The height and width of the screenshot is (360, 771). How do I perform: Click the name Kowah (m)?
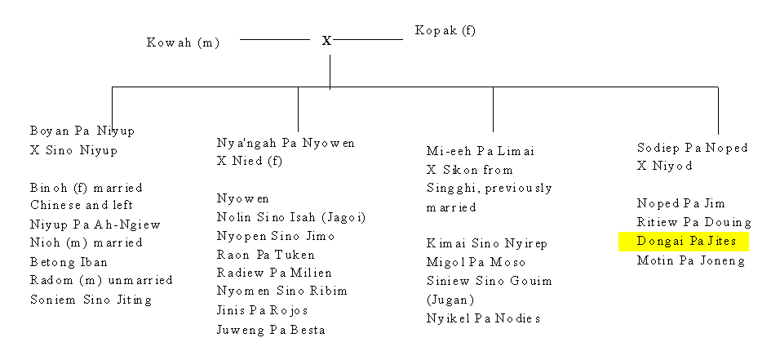[183, 42]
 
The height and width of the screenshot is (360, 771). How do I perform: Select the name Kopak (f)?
[445, 30]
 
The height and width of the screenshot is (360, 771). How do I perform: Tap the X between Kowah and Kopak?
[326, 41]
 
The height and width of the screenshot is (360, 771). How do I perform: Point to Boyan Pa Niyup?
[82, 131]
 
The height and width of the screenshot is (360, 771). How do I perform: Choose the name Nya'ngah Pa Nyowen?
[286, 143]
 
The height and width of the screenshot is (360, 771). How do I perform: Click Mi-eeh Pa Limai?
[480, 151]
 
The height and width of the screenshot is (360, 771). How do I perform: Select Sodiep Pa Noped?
[693, 148]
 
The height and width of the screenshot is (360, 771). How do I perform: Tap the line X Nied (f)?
[250, 162]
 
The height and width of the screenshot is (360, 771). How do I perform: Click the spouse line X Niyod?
[664, 167]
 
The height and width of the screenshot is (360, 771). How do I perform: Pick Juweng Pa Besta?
[271, 330]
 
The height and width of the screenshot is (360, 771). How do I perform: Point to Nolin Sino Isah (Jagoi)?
[291, 217]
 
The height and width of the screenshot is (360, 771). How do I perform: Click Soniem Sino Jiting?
[91, 300]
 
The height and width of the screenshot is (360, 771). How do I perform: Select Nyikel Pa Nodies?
[483, 318]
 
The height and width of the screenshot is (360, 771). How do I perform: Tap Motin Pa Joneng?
[691, 260]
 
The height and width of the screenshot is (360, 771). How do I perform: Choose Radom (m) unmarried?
[101, 280]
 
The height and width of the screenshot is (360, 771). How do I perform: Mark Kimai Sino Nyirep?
[487, 243]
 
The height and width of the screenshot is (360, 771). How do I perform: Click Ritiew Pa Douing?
[693, 222]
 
